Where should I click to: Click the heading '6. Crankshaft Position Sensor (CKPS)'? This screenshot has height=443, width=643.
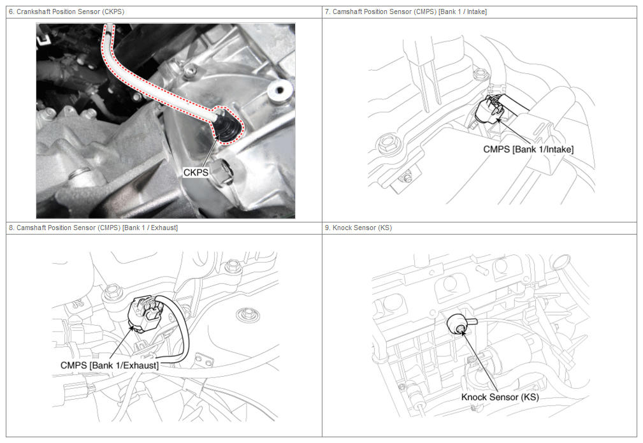coord(66,12)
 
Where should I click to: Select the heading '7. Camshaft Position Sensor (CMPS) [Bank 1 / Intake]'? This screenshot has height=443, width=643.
coord(405,12)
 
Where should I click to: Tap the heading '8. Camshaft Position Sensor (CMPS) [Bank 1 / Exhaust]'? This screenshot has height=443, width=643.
coord(93,228)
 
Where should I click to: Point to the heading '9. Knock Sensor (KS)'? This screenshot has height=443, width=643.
coord(358,228)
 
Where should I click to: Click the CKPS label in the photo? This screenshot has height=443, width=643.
coord(196,172)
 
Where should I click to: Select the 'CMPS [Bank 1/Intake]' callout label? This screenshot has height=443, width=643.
coord(528,149)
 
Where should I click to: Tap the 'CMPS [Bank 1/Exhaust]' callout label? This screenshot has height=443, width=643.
coord(110,365)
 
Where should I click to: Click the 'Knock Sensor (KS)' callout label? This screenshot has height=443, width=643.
coord(500,397)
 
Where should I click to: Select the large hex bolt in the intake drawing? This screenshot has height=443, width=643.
coord(387,144)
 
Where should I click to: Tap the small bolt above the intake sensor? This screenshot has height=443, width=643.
coord(480,75)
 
